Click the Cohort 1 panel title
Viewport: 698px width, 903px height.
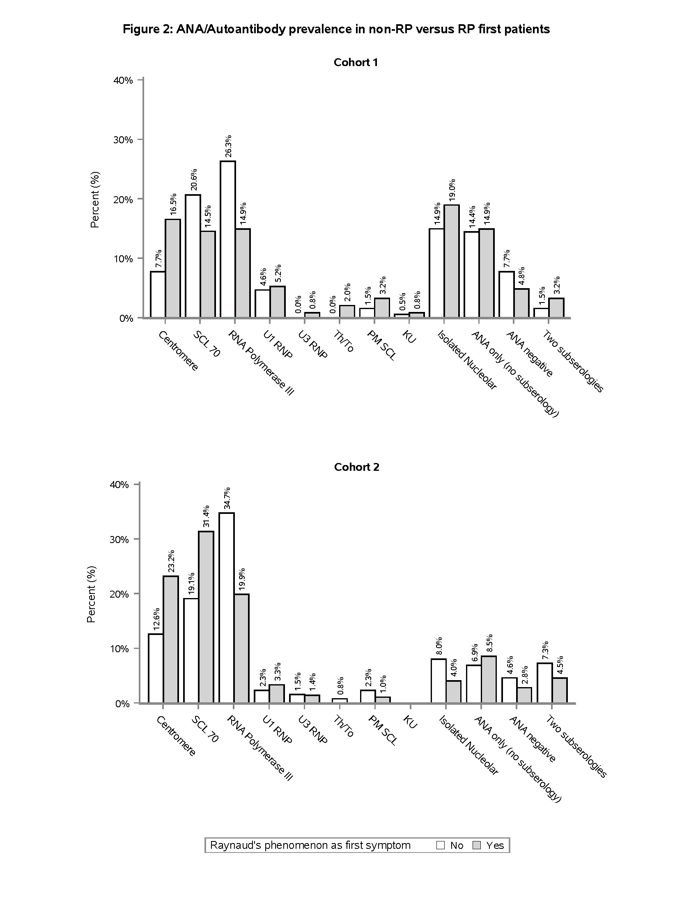356,62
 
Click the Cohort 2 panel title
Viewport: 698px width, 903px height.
356,467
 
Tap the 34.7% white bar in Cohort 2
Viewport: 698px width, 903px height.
227,608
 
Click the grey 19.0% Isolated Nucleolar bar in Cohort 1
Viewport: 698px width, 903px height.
452,261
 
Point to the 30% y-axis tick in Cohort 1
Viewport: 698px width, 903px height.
123,140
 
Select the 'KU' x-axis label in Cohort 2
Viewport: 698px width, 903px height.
410,722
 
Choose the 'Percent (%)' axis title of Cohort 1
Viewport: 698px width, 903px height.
95,199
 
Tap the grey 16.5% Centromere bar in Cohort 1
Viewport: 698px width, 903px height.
173,268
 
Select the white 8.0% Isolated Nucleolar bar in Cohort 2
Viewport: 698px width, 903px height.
439,681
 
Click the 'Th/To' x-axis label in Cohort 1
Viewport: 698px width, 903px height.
344,341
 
